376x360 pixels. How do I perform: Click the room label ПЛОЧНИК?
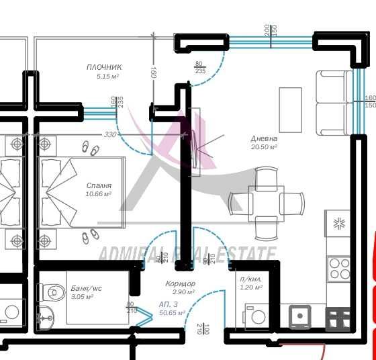(x=104, y=67)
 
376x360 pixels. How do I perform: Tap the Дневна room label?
(x=264, y=138)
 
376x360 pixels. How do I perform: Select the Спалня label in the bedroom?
(x=99, y=185)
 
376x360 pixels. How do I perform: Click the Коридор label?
(x=180, y=283)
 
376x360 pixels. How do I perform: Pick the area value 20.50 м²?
(x=264, y=146)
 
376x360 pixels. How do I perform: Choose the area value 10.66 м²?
(x=99, y=193)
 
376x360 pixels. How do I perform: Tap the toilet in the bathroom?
(x=51, y=292)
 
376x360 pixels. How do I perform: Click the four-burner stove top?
(x=338, y=267)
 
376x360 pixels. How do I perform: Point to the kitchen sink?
(x=299, y=316)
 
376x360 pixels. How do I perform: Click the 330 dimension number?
(x=110, y=134)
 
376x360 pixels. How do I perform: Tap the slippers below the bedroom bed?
(x=89, y=234)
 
